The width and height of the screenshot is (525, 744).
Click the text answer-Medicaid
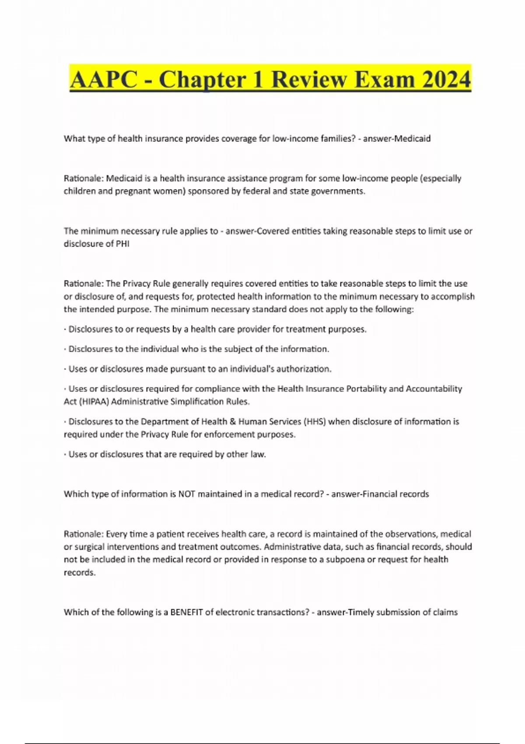click(397, 139)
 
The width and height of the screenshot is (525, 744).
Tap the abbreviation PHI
click(122, 244)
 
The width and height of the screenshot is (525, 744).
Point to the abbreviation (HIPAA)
click(94, 401)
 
